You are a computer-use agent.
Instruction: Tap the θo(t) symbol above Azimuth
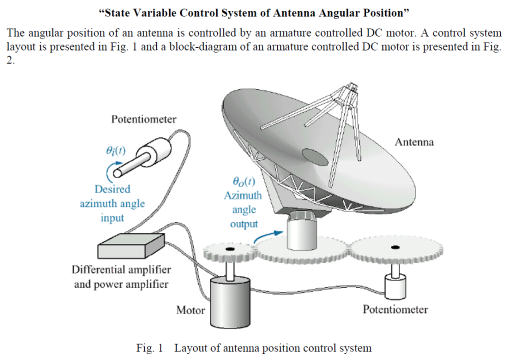[x=243, y=181]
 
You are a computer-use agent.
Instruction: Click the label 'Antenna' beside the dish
[x=414, y=142]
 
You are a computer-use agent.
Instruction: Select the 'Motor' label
[x=190, y=310]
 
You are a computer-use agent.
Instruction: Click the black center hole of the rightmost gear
[x=395, y=247]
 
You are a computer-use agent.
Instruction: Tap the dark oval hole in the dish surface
[x=314, y=157]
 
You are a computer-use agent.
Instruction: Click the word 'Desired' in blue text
[x=112, y=189]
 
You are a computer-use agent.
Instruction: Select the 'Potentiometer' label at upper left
[x=143, y=119]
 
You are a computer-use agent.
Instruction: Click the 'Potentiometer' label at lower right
[x=395, y=309]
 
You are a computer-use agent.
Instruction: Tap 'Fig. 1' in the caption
[x=149, y=348]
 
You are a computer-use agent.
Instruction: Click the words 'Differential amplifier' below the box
[x=121, y=270]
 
